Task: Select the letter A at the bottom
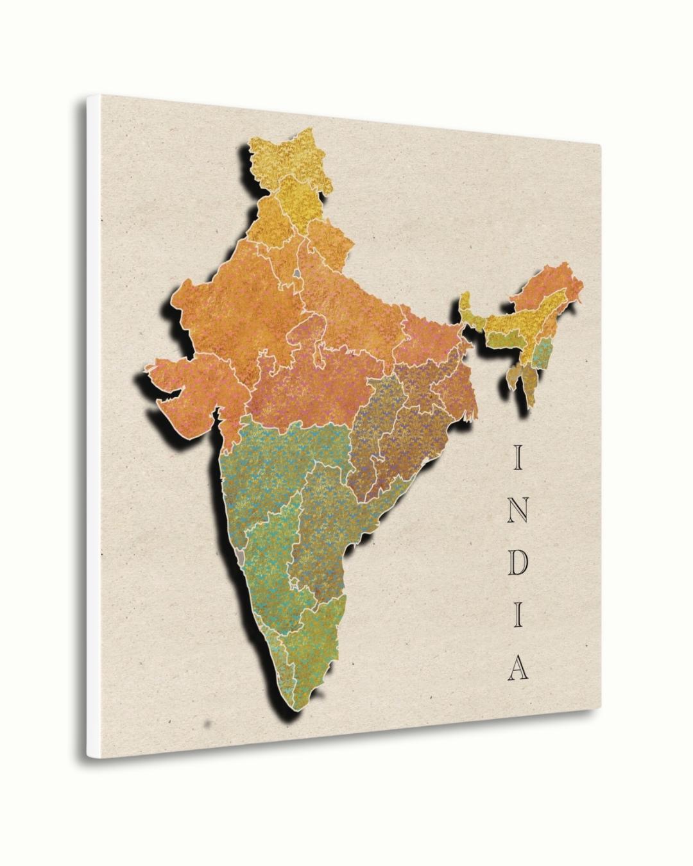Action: coord(517,667)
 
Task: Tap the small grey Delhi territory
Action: coord(296,275)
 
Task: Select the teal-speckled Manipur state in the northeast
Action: coord(544,352)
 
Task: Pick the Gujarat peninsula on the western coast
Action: coord(183,385)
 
